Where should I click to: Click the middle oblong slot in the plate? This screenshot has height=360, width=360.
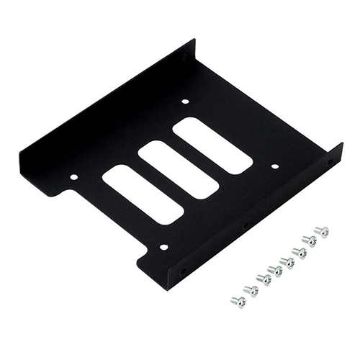[x=179, y=170]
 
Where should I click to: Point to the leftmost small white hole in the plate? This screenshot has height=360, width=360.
[x=73, y=175]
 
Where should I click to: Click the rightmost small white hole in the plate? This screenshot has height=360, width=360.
[x=274, y=166]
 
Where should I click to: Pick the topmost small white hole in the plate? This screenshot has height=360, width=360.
[x=184, y=102]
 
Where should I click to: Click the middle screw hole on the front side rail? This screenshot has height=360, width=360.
[x=246, y=226]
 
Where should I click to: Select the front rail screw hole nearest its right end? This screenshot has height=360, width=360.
[x=330, y=163]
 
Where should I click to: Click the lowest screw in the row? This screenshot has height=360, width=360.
[x=238, y=301]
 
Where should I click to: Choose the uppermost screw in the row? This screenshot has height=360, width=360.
[x=322, y=232]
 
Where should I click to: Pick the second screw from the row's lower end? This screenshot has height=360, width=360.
[x=251, y=290]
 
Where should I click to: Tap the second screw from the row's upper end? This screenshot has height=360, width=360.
[x=310, y=240]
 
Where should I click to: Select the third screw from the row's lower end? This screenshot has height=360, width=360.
[x=264, y=279]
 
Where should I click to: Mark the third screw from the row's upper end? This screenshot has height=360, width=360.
[x=298, y=251]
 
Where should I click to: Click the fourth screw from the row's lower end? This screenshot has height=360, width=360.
[x=275, y=271]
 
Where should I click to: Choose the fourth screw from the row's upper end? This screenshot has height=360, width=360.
[x=287, y=261]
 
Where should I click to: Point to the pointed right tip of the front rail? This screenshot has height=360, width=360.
[x=342, y=145]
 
